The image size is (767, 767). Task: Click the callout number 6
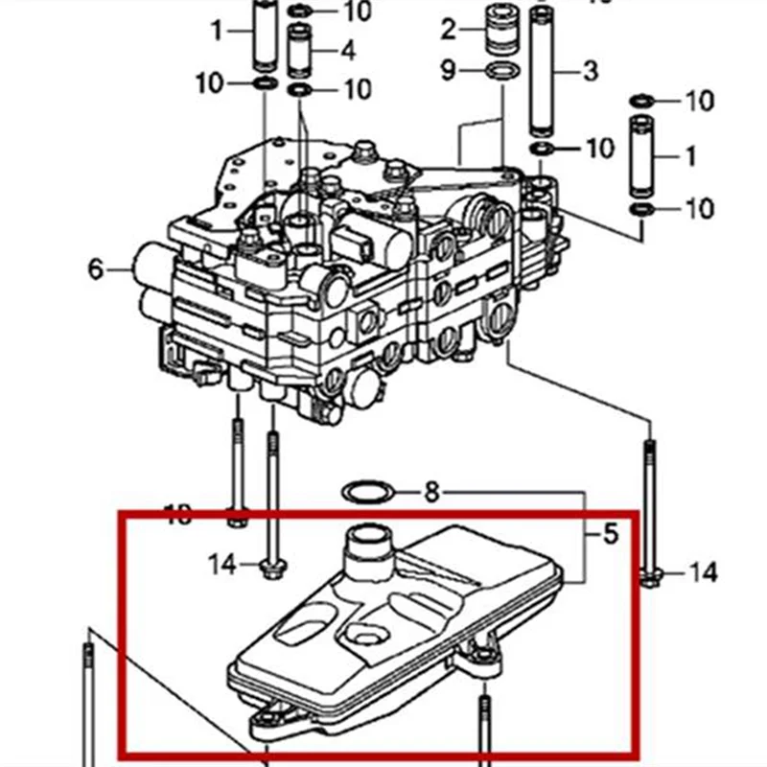[95, 269]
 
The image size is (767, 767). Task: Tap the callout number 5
[611, 532]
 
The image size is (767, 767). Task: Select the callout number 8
[431, 493]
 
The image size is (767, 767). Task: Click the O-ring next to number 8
[367, 493]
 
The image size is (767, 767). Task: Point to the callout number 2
[449, 30]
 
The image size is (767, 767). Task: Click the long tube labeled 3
[544, 67]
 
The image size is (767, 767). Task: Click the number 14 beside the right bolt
[703, 573]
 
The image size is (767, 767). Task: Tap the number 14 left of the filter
[221, 564]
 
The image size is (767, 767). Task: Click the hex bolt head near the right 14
[652, 576]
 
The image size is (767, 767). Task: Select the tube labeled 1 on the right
[641, 153]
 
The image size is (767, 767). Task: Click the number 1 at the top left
[217, 32]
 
